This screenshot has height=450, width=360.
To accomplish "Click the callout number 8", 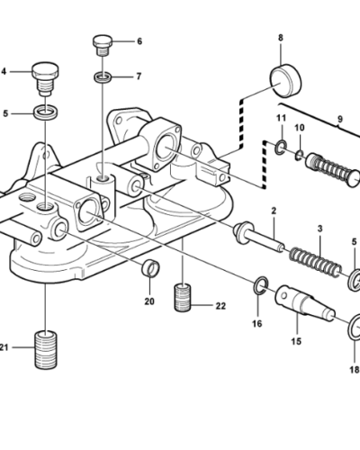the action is (281, 38).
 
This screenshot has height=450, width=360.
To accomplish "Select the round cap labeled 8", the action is (285, 80).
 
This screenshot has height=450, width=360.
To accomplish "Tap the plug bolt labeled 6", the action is (103, 45).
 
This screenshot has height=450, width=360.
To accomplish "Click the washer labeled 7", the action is (103, 76).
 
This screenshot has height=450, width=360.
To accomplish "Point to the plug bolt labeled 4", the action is (45, 78).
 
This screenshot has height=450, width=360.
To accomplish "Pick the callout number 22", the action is (220, 306).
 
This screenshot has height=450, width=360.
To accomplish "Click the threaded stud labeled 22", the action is (183, 297).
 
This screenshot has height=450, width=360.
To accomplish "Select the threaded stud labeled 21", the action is (46, 349).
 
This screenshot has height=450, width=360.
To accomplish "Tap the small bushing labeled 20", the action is (150, 268).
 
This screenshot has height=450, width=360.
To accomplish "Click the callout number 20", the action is (149, 301).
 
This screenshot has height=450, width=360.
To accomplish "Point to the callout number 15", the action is (296, 341).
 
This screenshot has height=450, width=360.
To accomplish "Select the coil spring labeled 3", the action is (315, 262).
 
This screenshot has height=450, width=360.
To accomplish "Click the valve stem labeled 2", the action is (258, 237).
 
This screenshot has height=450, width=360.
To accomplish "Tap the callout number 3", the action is (319, 229).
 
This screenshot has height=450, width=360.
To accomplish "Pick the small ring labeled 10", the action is (299, 155).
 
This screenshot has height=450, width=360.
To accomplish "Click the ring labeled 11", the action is (281, 148).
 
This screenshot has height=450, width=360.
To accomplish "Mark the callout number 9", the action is (339, 119).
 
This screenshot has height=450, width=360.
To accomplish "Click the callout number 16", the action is (257, 324).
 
